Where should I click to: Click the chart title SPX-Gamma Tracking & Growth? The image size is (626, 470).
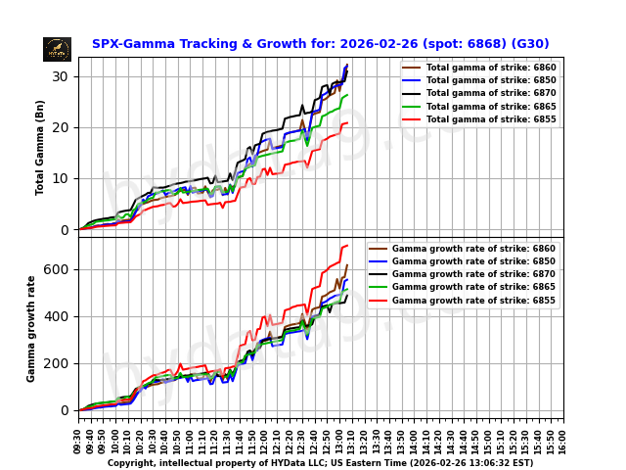pyautogui.click(x=320, y=44)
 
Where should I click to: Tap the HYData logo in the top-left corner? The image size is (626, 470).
pyautogui.click(x=57, y=49)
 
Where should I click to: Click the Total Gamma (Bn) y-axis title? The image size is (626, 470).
pyautogui.click(x=40, y=147)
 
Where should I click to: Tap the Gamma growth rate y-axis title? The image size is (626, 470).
pyautogui.click(x=31, y=328)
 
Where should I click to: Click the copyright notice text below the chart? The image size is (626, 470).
pyautogui.click(x=320, y=463)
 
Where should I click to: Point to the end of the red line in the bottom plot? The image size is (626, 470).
pyautogui.click(x=347, y=246)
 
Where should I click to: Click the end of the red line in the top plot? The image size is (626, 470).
pyautogui.click(x=347, y=123)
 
